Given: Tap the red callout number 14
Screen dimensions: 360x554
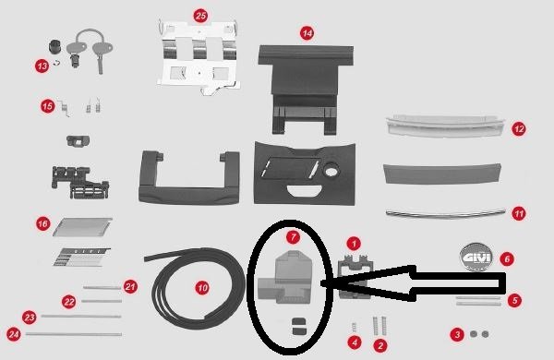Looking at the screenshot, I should (x=307, y=31).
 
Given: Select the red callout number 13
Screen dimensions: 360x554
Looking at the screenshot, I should (x=42, y=66).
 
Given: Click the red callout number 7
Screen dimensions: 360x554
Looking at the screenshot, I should (x=294, y=237).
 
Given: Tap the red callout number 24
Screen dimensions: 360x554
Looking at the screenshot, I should (x=13, y=334).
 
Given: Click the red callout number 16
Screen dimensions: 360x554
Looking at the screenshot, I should (x=42, y=223).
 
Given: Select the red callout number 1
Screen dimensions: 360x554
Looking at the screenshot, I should (x=353, y=245).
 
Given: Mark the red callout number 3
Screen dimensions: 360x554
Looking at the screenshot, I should (x=456, y=334).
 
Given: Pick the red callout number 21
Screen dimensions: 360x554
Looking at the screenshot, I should (x=130, y=286).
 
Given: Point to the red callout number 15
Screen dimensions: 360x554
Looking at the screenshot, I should (x=47, y=106).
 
